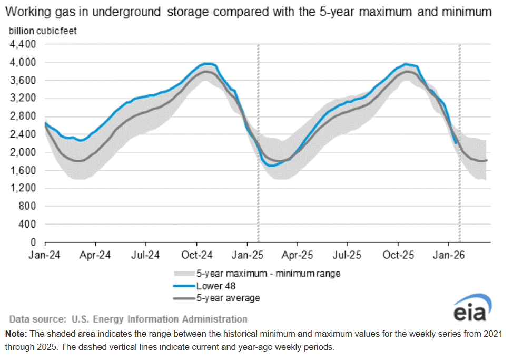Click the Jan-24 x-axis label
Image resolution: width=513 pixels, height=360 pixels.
(45, 255)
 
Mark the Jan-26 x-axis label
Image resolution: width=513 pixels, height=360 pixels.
(448, 255)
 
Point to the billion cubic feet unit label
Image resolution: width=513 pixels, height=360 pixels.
(43, 31)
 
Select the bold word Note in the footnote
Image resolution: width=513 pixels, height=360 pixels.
(16, 334)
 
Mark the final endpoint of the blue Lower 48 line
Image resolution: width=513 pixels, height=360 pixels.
(456, 143)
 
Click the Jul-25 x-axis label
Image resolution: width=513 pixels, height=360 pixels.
(347, 255)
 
